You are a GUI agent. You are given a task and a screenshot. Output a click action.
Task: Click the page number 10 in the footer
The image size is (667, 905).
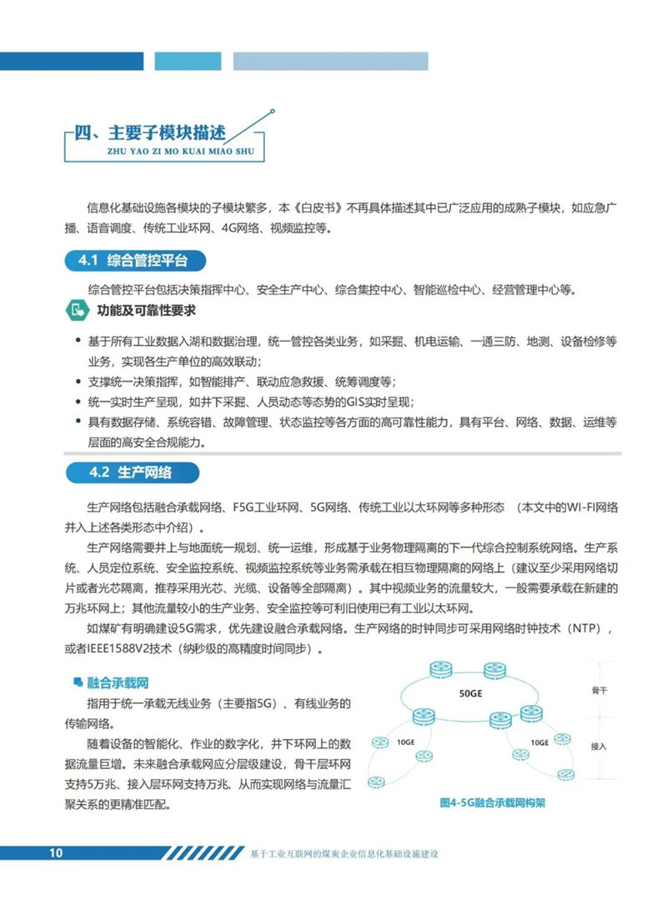pyautogui.click(x=56, y=852)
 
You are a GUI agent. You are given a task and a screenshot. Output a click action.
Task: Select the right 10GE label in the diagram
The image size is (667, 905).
pyautogui.click(x=540, y=741)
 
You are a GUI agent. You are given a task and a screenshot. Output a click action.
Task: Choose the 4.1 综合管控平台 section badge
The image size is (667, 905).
pyautogui.click(x=133, y=261)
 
